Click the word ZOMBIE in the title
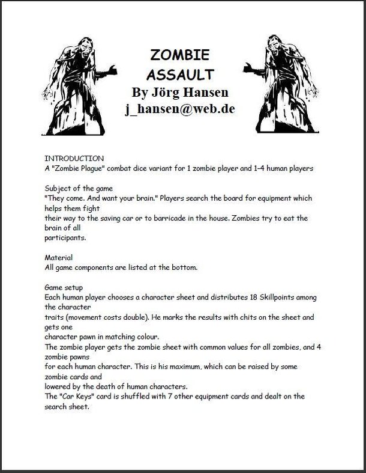(179, 55)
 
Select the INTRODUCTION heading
(74, 158)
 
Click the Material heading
(59, 257)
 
